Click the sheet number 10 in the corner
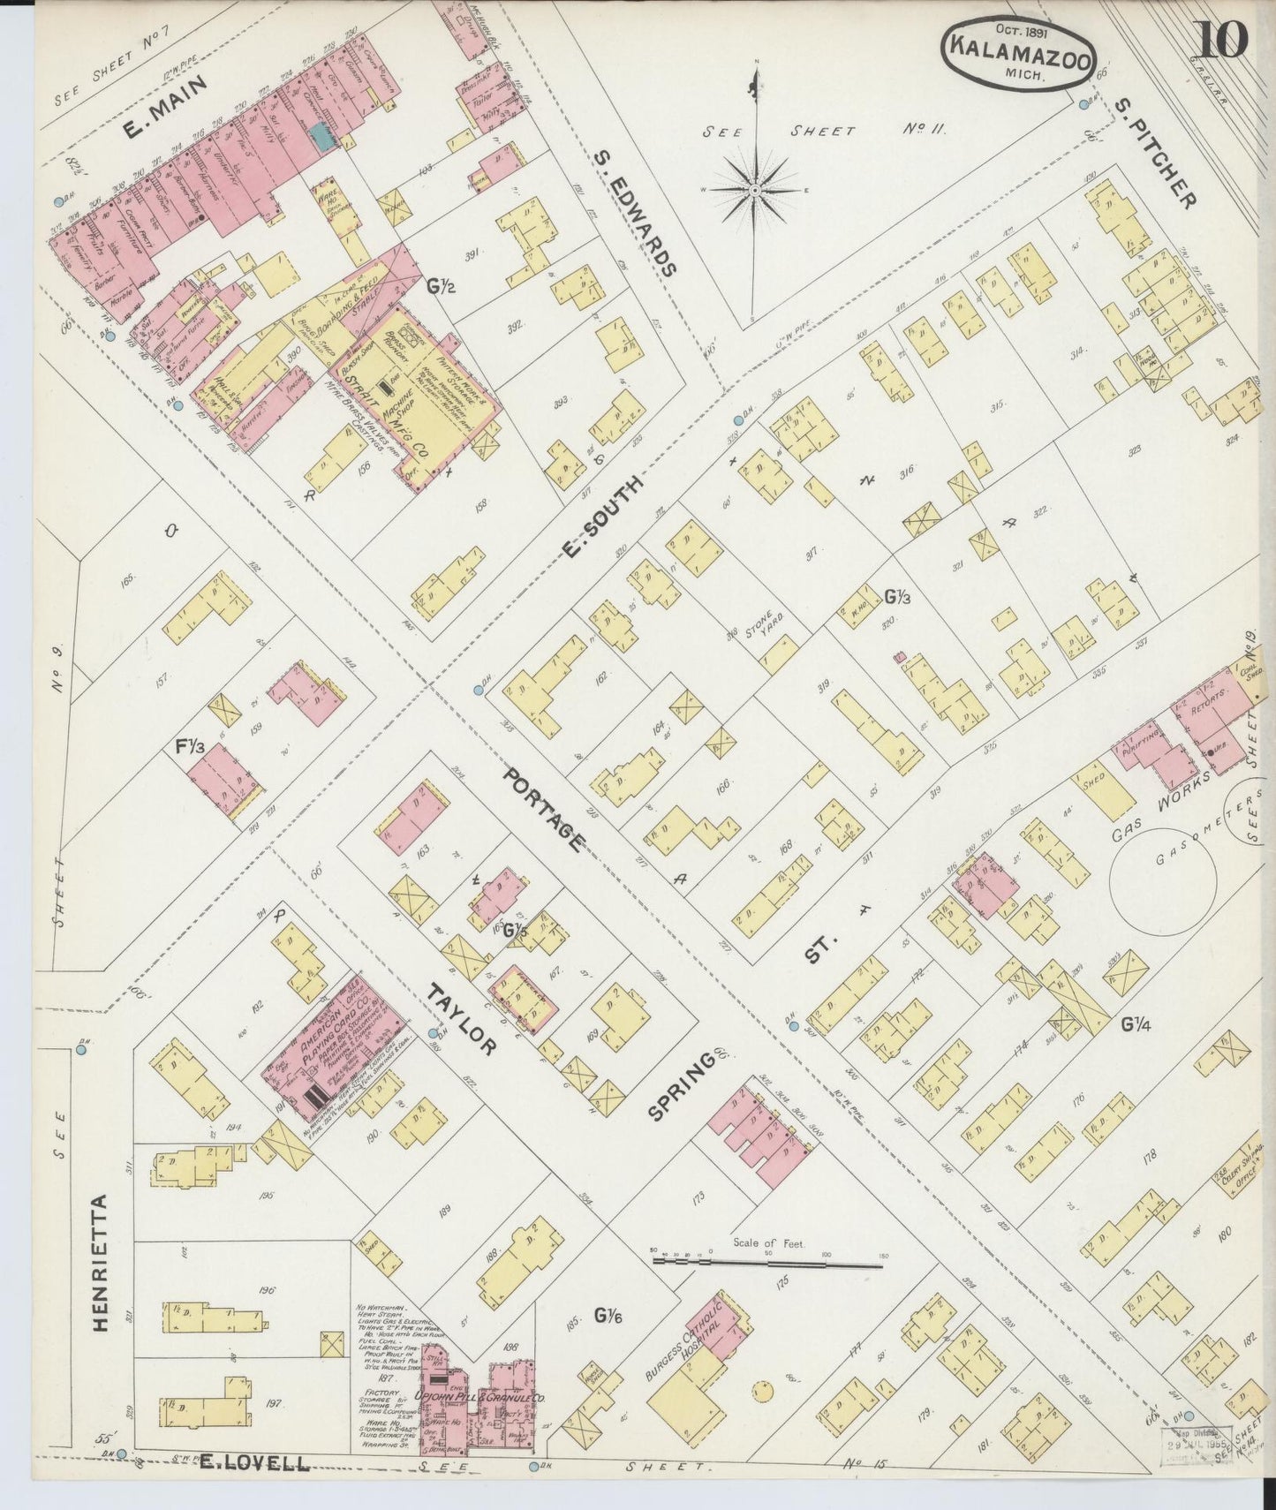coord(1222,40)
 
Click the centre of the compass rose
coord(756,190)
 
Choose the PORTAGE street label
coord(542,809)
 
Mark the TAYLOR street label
coord(459,1020)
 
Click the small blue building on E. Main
coord(321,135)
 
